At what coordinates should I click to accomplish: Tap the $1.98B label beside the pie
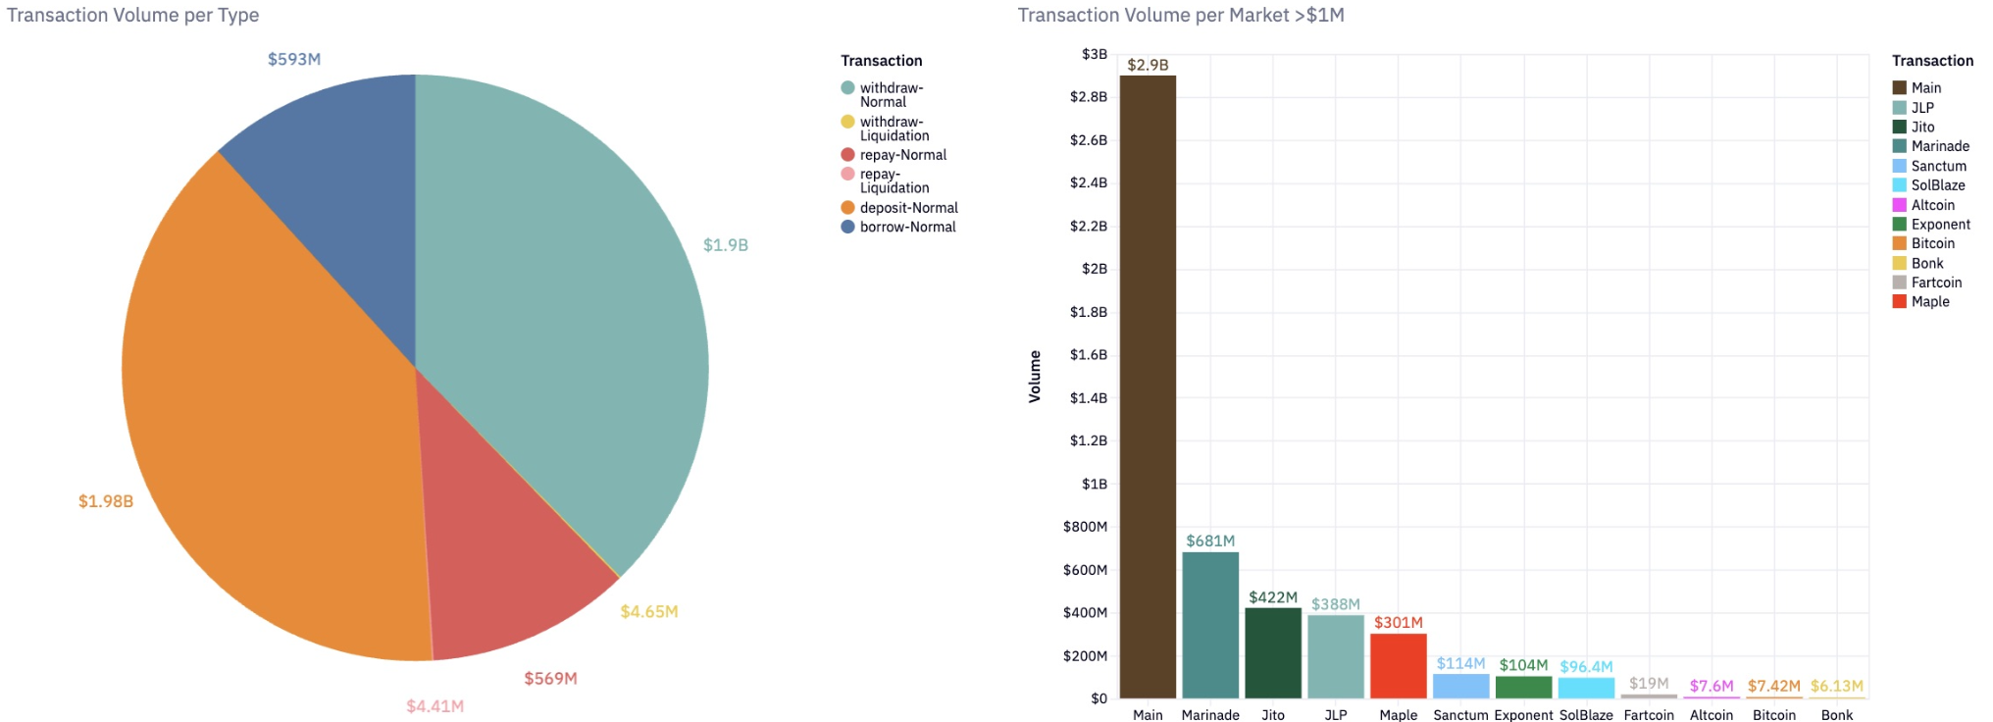[x=106, y=501]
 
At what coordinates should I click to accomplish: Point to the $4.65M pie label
[x=648, y=612]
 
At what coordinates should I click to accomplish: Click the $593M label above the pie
[x=294, y=60]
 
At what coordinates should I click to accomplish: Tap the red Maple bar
[x=1398, y=666]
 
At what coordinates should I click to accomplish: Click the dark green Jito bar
[x=1273, y=653]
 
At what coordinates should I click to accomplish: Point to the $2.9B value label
[x=1148, y=66]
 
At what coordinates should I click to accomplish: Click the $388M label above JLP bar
[x=1335, y=604]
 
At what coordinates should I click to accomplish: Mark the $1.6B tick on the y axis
[x=1089, y=355]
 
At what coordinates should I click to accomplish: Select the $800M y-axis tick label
[x=1085, y=527]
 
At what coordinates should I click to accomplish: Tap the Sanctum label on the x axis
[x=1460, y=715]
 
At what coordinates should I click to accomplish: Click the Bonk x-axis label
[x=1836, y=715]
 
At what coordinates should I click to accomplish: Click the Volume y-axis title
[x=1035, y=377]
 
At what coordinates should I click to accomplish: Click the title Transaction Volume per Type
[x=133, y=16]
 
